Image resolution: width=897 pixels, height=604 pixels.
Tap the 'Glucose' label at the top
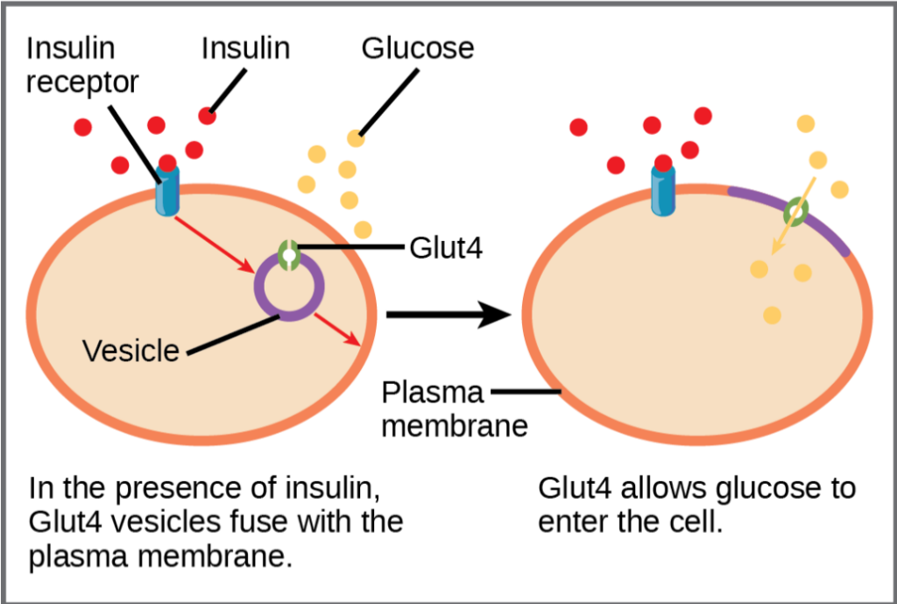(418, 47)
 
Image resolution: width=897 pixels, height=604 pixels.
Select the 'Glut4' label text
(446, 248)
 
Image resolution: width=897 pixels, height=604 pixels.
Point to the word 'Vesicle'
(131, 351)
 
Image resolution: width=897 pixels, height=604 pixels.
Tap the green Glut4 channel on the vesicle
(289, 254)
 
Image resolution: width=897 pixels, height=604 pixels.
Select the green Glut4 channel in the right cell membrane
(795, 210)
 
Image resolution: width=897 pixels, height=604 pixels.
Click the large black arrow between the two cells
(447, 314)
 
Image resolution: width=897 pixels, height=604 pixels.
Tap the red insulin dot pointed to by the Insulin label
(208, 115)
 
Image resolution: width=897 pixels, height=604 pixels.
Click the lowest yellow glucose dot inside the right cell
(772, 314)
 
